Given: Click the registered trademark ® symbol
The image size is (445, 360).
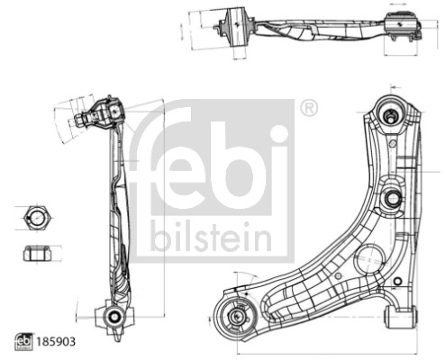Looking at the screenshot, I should tap(308, 108).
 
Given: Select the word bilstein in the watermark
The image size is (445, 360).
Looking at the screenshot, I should tap(210, 237).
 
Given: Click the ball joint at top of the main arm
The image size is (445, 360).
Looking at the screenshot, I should tap(393, 114).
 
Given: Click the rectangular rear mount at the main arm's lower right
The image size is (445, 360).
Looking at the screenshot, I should tap(400, 316).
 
